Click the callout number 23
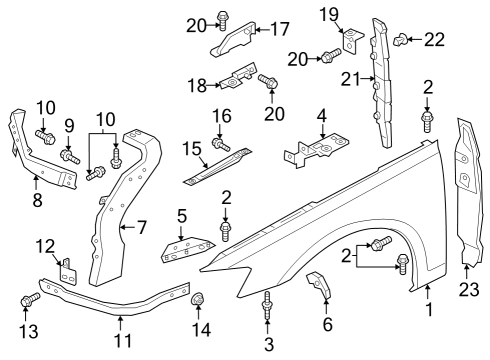pos(469,289)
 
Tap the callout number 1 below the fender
pos(429,309)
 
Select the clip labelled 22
pos(400,39)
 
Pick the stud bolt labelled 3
pos(267,305)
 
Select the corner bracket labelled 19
pos(353,41)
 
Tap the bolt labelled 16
pos(221,145)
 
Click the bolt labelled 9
pos(70,157)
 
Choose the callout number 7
pos(142,227)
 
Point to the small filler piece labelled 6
pos(319,284)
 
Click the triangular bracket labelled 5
pos(188,249)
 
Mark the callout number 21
pos(351,79)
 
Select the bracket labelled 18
pos(237,76)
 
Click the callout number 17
pos(280,29)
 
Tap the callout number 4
pos(321,115)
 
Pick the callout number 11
pos(123,340)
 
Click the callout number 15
pos(192,149)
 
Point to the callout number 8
pos(37,200)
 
